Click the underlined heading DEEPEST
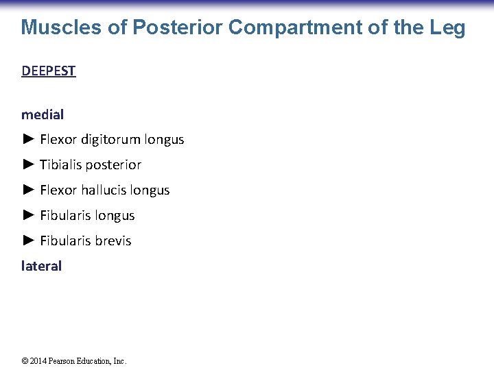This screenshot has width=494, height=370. [49, 71]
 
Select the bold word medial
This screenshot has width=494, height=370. [43, 114]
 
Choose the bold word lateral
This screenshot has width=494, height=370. [42, 266]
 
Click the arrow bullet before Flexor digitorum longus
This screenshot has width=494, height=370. [28, 139]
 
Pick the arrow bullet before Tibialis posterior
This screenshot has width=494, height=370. [28, 164]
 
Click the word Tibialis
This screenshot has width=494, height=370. [61, 164]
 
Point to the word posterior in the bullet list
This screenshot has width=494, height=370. [114, 165]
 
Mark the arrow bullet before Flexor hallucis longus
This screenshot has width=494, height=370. [28, 190]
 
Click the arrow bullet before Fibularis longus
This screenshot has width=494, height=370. [28, 215]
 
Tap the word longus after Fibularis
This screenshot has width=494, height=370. [115, 216]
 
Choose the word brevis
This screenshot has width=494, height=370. [114, 241]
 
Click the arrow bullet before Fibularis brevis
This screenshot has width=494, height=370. [28, 241]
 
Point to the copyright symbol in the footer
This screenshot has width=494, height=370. [25, 361]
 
